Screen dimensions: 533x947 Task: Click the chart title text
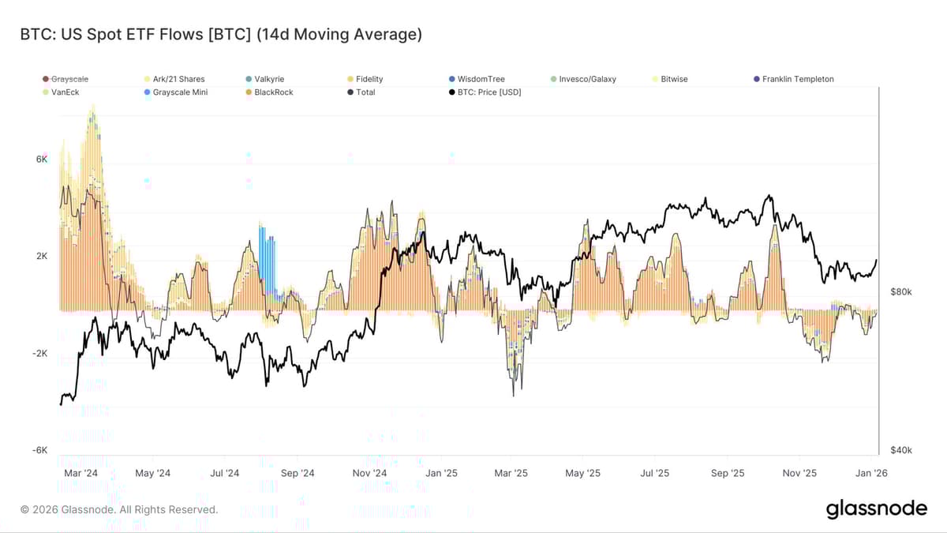coord(222,34)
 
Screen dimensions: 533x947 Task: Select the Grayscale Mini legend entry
coord(180,92)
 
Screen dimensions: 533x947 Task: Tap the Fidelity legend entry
coord(369,79)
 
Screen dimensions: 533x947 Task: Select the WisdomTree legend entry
coord(481,79)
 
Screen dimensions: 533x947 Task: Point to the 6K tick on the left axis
coord(42,160)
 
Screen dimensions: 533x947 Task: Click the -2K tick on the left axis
coord(40,354)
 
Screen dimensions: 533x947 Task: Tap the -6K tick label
coord(40,450)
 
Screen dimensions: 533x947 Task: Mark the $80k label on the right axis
coord(900,292)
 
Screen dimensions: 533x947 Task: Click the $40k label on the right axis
coord(900,450)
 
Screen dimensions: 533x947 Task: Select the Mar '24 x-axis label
coord(80,474)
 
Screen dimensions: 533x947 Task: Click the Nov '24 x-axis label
coord(369,474)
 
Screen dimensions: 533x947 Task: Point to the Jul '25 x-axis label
coord(654,474)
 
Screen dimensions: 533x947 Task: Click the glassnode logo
coord(876,509)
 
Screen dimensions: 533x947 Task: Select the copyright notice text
coord(119,510)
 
